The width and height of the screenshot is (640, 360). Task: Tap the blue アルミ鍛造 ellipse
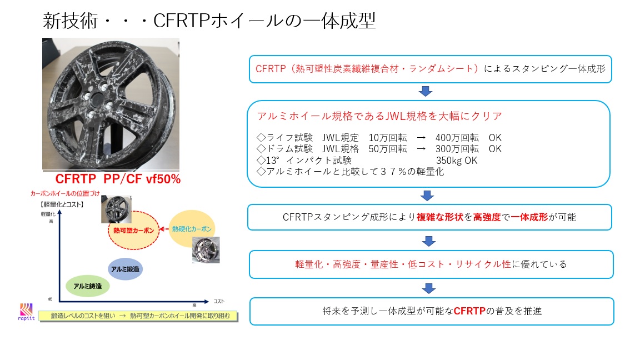pos(125,269)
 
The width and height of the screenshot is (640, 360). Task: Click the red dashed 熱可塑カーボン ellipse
pos(133,229)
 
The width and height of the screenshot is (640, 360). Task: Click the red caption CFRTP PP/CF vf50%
pos(118,180)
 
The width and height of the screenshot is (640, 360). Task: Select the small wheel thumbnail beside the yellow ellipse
pos(206,249)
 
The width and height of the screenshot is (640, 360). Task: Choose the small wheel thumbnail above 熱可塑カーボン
pos(116,209)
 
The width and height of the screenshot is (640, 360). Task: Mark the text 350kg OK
pos(457,161)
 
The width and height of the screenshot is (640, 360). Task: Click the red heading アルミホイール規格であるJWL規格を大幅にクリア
pos(379,116)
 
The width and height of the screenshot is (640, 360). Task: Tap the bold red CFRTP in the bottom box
pos(469,311)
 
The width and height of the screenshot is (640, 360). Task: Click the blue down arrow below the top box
pos(427,91)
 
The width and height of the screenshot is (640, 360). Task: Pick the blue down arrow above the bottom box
pos(427,288)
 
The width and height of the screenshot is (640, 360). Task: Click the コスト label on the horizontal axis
pos(219,301)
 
